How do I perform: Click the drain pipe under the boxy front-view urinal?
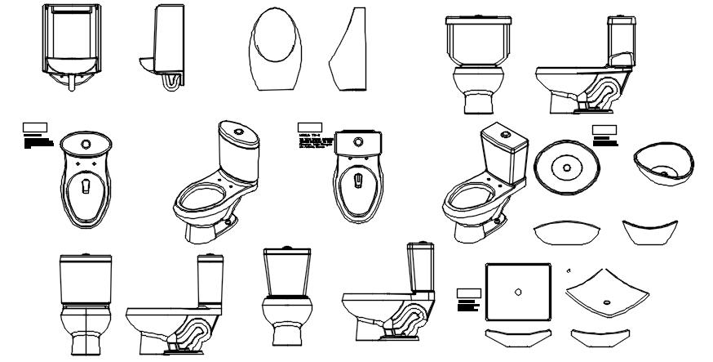click(72, 83)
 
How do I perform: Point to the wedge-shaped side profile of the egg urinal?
click(348, 53)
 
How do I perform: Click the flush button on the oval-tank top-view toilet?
click(84, 141)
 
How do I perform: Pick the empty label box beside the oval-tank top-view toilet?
click(34, 128)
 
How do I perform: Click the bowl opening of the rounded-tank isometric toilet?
click(200, 199)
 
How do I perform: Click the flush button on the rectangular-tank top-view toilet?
click(357, 141)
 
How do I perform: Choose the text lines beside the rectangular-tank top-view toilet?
click(314, 145)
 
